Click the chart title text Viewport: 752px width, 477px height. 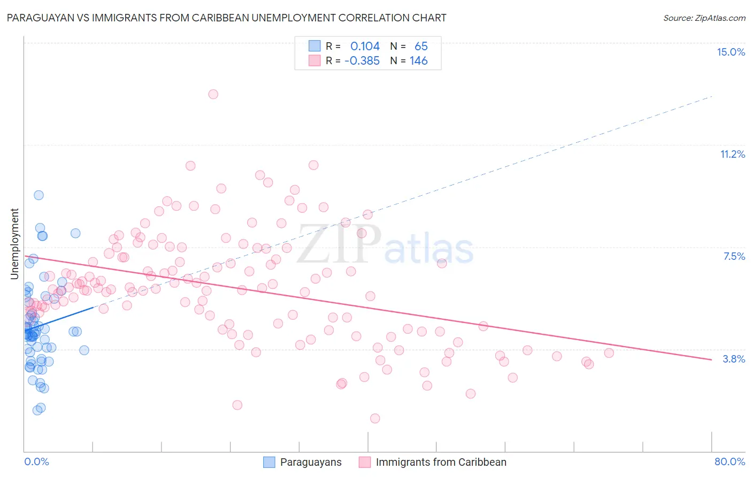point(226,18)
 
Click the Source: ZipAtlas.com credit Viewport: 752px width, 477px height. point(704,18)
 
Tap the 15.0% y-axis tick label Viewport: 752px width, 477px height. point(731,52)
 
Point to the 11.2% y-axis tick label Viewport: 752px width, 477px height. point(732,154)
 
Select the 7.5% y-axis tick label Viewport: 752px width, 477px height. point(734,256)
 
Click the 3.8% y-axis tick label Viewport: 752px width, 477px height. point(734,359)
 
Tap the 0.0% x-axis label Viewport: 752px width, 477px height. point(36,461)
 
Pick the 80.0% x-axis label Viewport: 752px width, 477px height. point(730,461)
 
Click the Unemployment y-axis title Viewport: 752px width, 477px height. point(14,244)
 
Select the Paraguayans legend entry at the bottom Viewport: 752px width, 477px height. point(311,462)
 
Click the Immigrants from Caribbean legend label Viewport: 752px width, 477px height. point(441,462)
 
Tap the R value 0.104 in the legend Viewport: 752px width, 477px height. point(365,47)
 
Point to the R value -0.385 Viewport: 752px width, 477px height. point(362,61)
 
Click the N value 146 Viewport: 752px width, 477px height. point(418,61)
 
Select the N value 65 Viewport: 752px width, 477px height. point(421,47)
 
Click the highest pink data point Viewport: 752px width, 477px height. point(213,94)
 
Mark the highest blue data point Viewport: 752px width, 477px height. point(39,195)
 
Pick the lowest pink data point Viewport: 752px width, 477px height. point(375,418)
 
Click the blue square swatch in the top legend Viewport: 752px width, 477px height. point(314,46)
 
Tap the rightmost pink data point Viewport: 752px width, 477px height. point(609,353)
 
